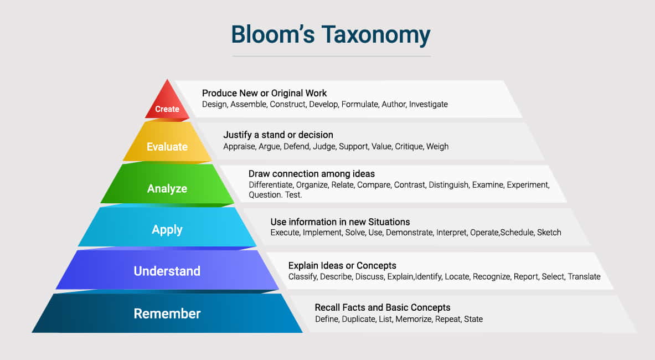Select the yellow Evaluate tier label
coord(167,147)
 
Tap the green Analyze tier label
coord(167,189)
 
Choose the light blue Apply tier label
coord(167,229)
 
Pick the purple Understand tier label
coord(167,271)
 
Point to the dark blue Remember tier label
coord(167,313)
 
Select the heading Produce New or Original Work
coord(264,93)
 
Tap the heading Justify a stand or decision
coord(278,135)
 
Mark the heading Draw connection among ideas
coord(312,174)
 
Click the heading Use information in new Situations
coord(340,222)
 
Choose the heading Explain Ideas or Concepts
coord(342,265)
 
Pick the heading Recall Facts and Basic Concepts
coord(383,307)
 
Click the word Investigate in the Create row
coord(429,104)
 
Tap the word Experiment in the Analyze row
coord(528,184)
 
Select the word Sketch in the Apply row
coord(549,233)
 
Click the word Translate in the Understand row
coord(584,276)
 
